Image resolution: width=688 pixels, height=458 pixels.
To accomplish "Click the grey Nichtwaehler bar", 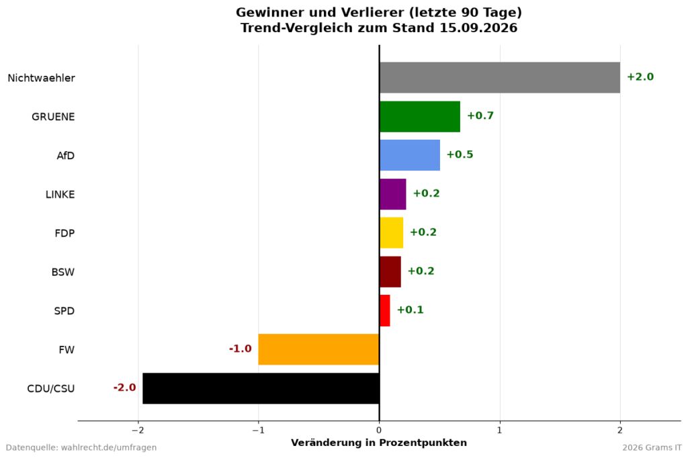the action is click(x=500, y=78).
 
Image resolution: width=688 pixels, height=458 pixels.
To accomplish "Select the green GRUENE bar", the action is click(x=420, y=117).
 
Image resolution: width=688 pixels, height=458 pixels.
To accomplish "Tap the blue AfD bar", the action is click(x=410, y=155).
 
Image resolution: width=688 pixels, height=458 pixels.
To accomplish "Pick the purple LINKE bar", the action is click(x=392, y=194).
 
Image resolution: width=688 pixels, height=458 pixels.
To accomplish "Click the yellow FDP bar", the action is click(x=392, y=233).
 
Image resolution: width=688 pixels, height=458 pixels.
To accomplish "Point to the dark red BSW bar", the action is click(x=390, y=272).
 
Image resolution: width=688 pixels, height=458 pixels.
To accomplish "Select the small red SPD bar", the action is click(x=385, y=311).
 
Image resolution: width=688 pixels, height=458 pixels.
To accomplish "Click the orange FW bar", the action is click(x=318, y=350).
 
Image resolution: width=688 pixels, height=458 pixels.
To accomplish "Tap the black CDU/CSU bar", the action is click(x=261, y=389).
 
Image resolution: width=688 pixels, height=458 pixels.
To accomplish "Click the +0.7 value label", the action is click(x=480, y=116).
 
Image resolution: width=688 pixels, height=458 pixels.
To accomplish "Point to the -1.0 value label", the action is click(x=241, y=349).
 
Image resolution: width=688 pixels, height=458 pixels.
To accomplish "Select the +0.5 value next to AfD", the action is click(x=460, y=154).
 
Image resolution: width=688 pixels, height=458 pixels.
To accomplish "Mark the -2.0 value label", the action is click(x=124, y=387).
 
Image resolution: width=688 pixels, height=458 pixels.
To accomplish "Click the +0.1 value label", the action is click(x=411, y=310).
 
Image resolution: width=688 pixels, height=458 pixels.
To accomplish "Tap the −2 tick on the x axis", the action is click(x=138, y=430).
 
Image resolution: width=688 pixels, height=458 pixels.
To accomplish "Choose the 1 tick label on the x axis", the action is click(x=500, y=430).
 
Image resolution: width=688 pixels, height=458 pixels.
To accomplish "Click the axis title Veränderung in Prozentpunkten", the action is click(x=379, y=443).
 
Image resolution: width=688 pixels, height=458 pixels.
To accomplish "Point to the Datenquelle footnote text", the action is click(x=81, y=447).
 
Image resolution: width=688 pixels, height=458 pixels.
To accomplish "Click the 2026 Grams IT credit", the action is click(x=652, y=447).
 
